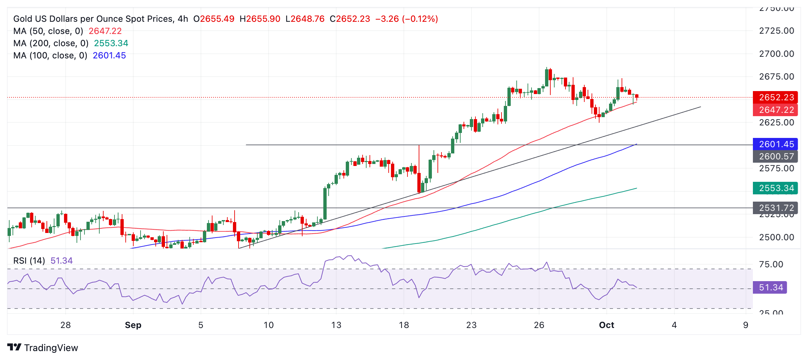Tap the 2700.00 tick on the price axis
point(776,54)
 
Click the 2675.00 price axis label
point(776,77)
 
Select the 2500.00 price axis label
point(776,237)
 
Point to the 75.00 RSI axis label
point(771,264)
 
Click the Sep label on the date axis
point(133,325)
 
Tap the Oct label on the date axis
point(606,325)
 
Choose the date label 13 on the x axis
point(336,325)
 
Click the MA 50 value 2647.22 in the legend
point(105,31)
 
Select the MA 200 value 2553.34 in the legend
point(111,43)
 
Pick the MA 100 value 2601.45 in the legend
point(109,55)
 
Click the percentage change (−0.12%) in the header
point(420,19)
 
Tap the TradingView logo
point(43,347)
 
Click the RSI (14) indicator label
point(29,261)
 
